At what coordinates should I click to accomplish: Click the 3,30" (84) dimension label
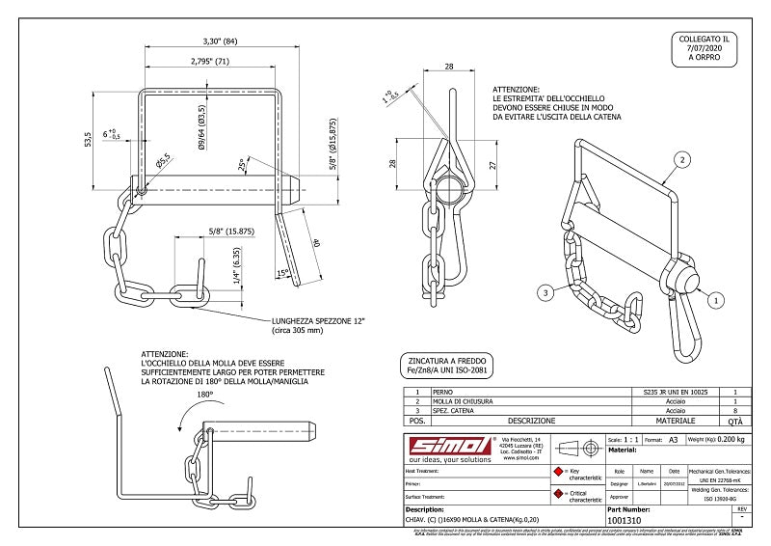(x=221, y=41)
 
